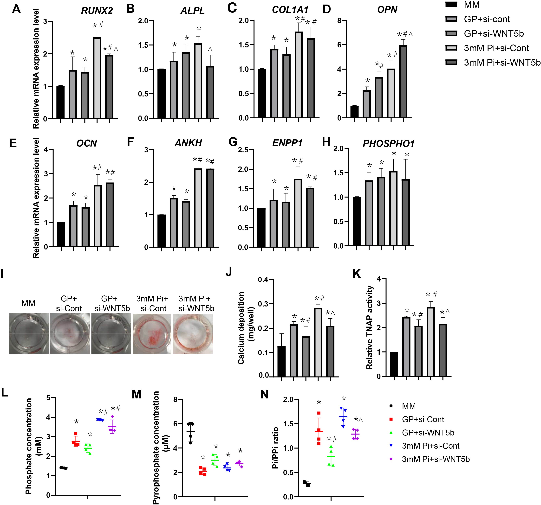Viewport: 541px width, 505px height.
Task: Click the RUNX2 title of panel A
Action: pyautogui.click(x=97, y=11)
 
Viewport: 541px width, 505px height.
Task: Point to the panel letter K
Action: pyautogui.click(x=357, y=274)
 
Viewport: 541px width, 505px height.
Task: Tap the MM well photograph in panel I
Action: pyautogui.click(x=29, y=333)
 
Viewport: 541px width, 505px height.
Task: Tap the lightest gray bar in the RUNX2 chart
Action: pyautogui.click(x=97, y=78)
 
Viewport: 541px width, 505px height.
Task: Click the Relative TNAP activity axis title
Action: pyautogui.click(x=369, y=327)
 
